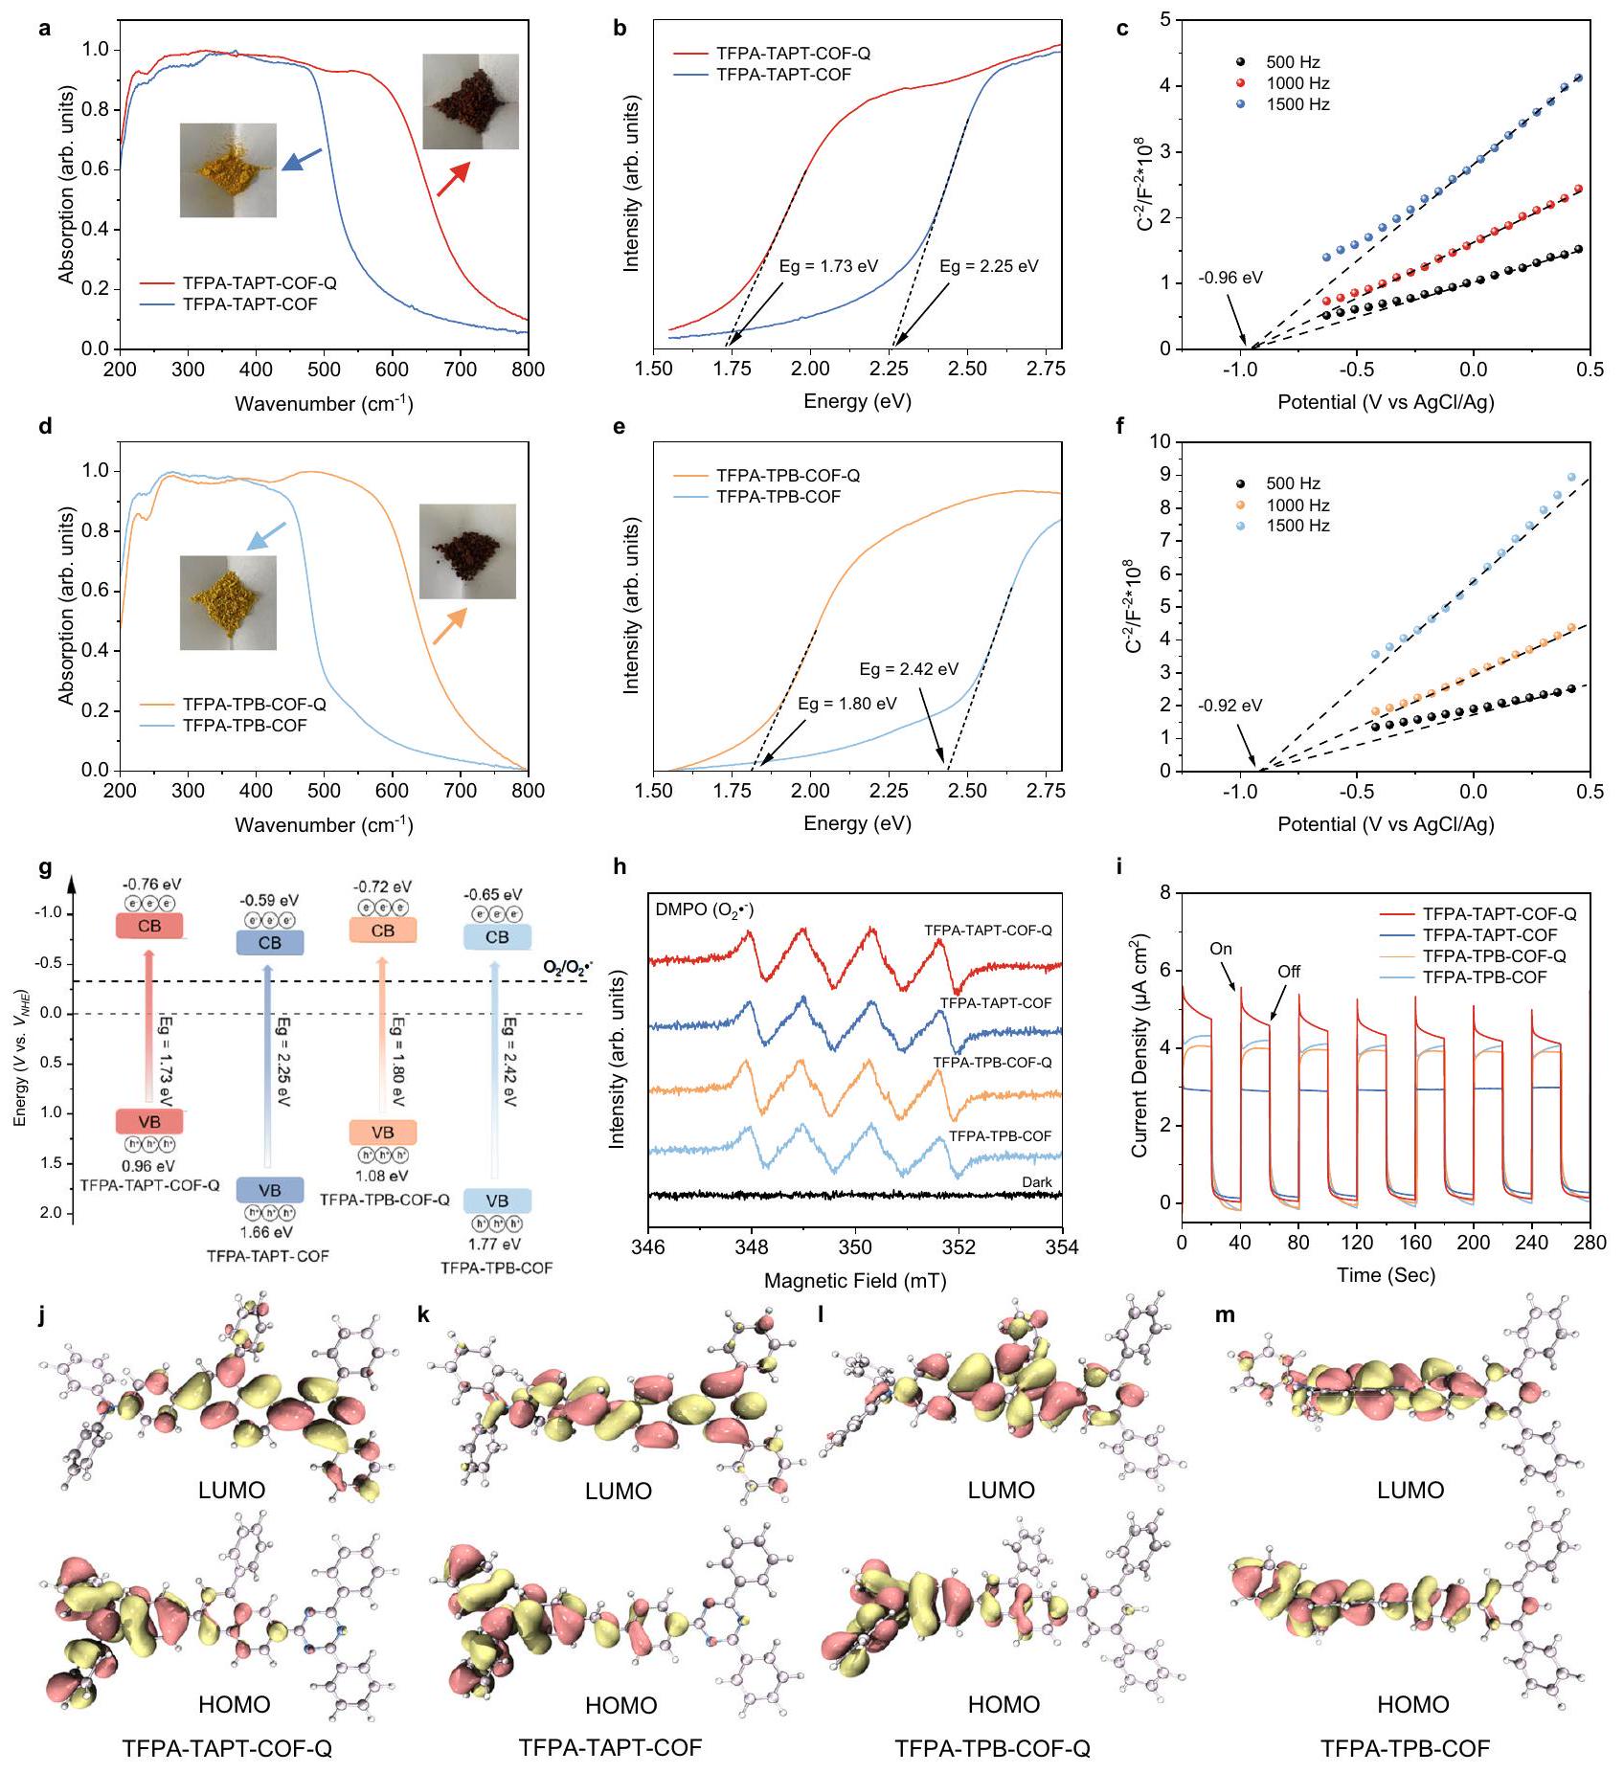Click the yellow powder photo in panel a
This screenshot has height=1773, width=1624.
tap(228, 169)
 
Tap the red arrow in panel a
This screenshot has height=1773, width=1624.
tap(453, 179)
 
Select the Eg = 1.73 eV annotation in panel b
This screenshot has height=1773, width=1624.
tap(828, 266)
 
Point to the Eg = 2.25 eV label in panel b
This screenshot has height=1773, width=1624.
tap(988, 266)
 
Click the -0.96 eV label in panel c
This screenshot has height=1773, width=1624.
tap(1230, 279)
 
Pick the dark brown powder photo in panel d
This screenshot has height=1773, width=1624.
tap(467, 551)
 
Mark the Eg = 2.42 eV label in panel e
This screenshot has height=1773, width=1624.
tap(908, 669)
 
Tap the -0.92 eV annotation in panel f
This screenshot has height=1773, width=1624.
tap(1229, 706)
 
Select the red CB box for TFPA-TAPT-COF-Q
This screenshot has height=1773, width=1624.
tap(149, 927)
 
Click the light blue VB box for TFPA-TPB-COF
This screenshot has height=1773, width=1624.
tap(497, 1201)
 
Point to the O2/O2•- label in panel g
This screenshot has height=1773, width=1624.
tap(568, 968)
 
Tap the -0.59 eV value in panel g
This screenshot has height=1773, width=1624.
tap(269, 900)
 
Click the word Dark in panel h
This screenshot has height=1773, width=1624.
tap(1036, 1182)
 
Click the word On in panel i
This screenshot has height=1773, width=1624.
tap(1221, 949)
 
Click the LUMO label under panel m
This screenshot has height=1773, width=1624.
tap(1410, 1490)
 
